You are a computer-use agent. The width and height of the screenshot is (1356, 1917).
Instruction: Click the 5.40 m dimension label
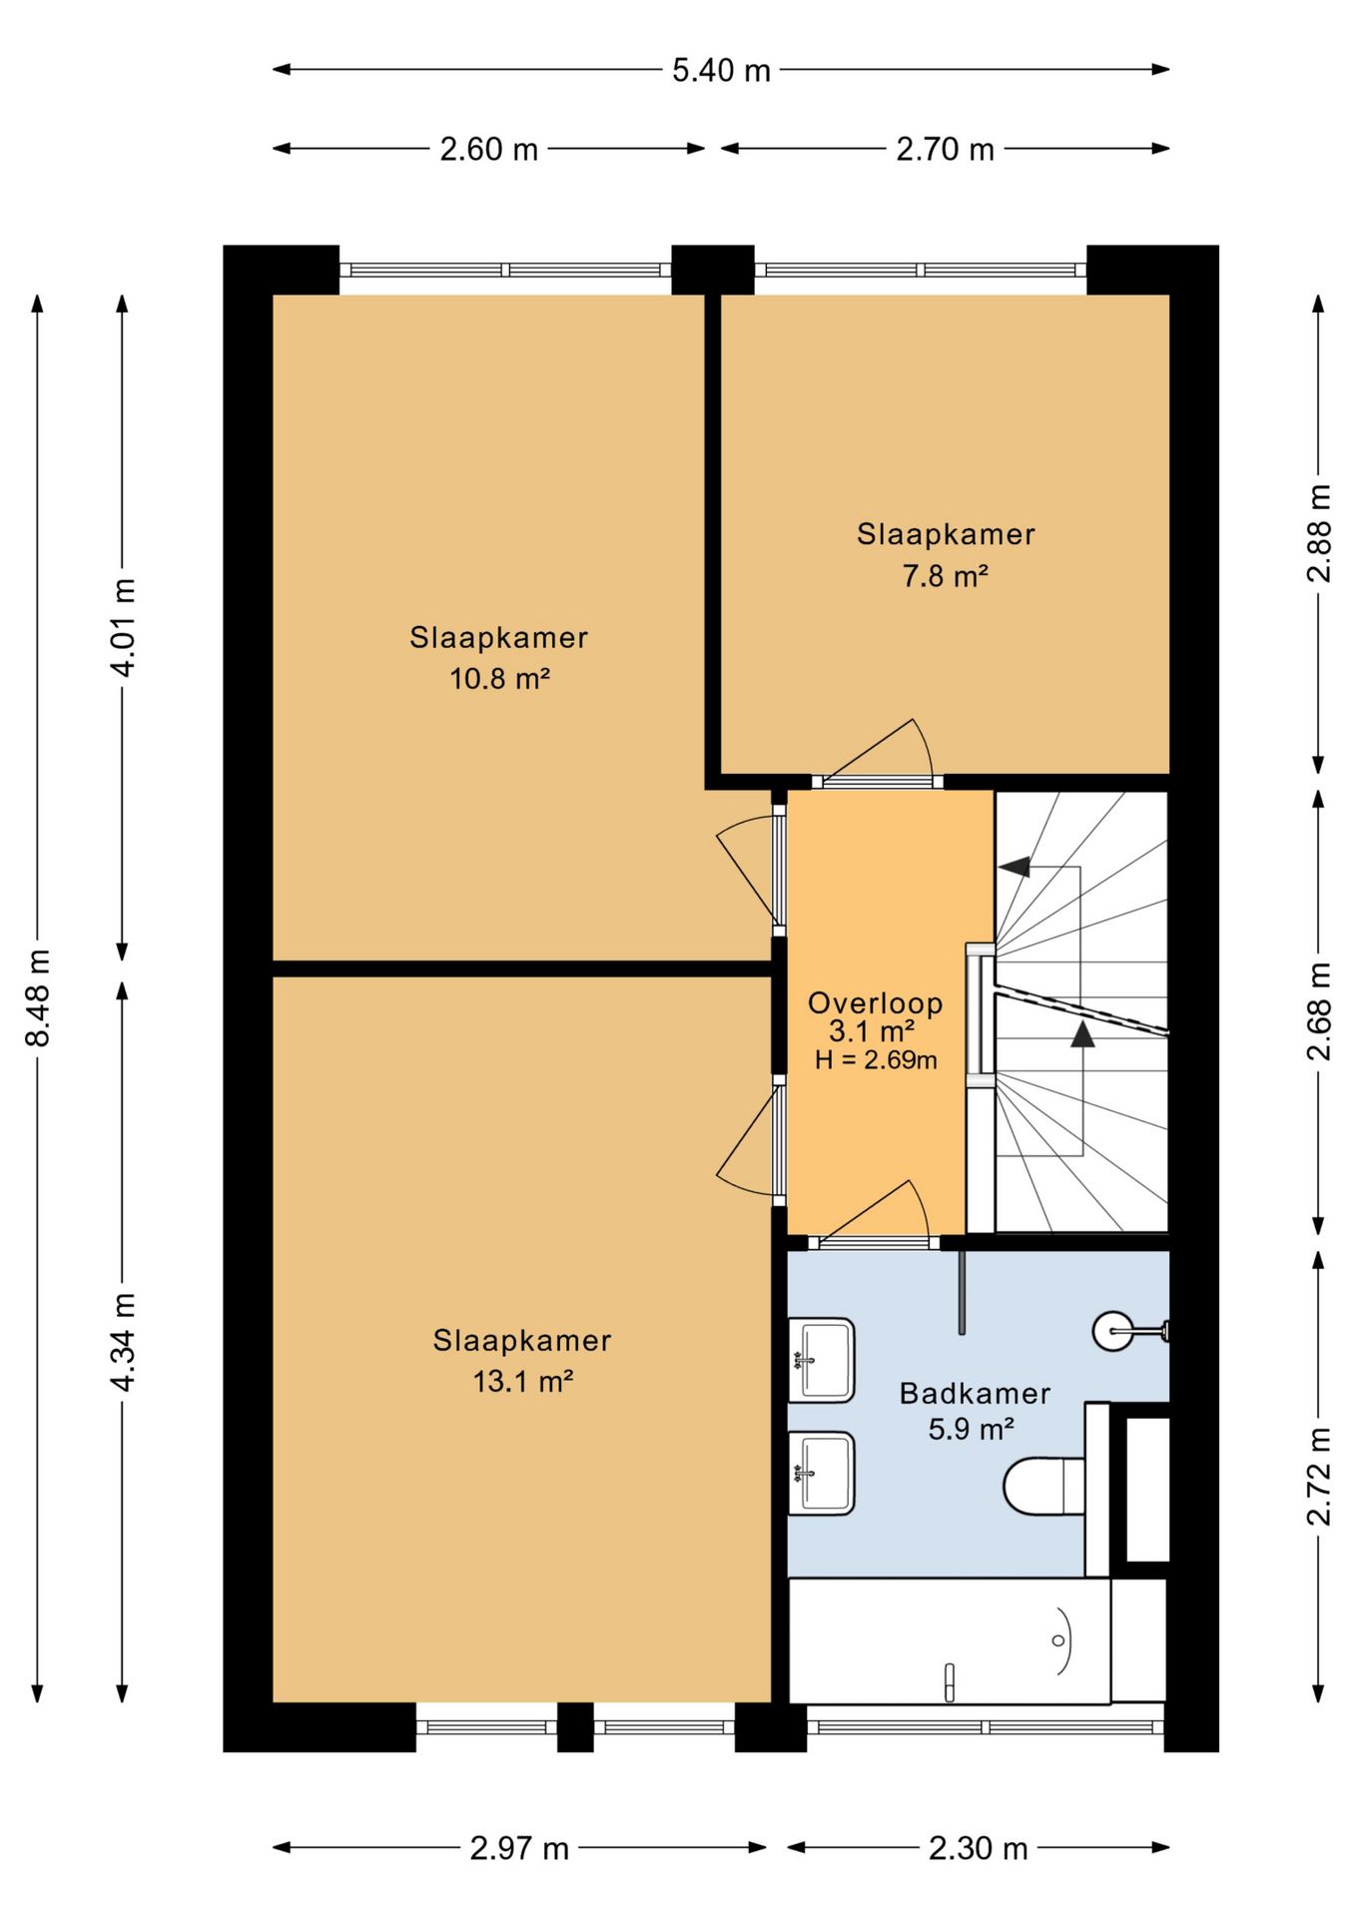point(721,70)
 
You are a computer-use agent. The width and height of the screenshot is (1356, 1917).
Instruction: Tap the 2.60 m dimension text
point(489,150)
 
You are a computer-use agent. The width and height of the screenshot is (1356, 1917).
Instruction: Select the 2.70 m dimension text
point(945,150)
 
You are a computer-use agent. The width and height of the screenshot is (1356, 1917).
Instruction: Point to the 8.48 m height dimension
point(38,997)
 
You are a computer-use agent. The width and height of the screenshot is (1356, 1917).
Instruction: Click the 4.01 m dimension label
point(123,627)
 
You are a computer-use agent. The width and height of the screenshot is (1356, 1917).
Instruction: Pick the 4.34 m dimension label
point(123,1341)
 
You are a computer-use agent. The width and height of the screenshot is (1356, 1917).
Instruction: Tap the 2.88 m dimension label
point(1319,532)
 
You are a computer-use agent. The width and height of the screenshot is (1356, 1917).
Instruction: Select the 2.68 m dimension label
point(1319,1011)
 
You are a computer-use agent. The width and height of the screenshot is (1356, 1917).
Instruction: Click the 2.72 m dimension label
point(1319,1477)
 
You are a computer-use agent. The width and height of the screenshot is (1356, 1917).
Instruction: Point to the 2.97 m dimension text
point(519,1848)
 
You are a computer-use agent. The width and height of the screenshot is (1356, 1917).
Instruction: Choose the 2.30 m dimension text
point(978,1848)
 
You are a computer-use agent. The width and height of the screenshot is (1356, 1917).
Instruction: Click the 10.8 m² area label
point(499,679)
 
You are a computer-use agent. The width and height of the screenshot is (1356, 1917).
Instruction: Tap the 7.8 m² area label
point(946,576)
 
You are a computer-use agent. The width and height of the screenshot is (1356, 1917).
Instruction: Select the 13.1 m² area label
point(522,1381)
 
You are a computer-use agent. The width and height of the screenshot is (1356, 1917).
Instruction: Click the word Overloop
point(875,1003)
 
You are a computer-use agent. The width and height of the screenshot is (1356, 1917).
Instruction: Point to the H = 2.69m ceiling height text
point(876,1060)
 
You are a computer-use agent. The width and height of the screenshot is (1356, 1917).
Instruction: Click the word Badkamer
point(975,1394)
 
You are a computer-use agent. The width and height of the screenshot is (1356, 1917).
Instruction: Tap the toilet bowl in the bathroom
point(1043,1486)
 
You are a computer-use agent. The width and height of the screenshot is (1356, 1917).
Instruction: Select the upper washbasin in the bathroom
point(821,1360)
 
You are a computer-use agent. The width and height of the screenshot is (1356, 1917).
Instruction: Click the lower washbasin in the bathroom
point(821,1474)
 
